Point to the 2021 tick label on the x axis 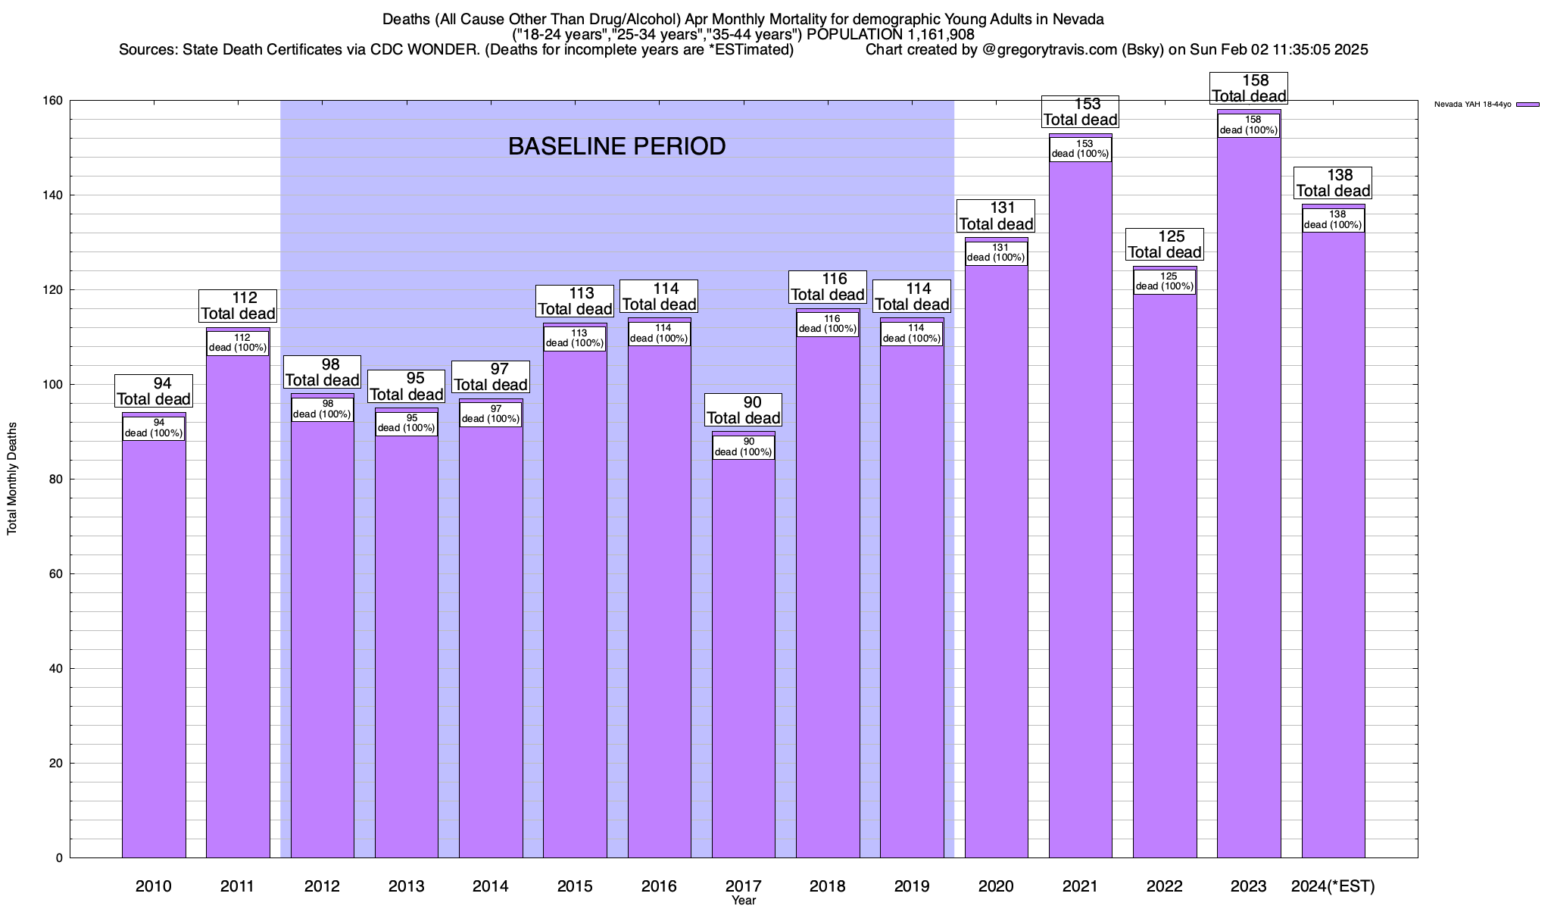1080,886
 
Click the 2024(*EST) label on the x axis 1333,886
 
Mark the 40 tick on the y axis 56,669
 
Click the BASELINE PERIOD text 616,146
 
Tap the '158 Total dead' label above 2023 1249,88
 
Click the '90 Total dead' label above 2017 743,410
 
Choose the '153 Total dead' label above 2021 1080,111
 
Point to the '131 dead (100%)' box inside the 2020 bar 996,252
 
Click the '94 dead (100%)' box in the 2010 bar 154,428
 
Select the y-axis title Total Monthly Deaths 12,479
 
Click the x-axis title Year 743,901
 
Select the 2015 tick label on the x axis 575,886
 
